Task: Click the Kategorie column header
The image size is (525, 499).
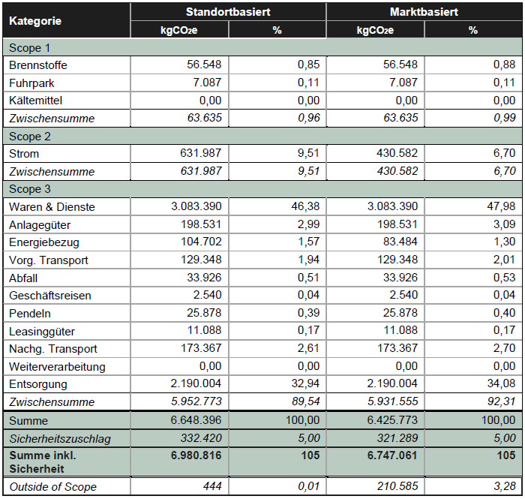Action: click(x=35, y=20)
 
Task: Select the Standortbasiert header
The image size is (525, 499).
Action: click(x=228, y=12)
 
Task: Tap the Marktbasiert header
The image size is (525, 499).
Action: click(x=424, y=12)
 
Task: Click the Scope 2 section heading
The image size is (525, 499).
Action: click(x=30, y=136)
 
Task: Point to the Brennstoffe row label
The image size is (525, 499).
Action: click(x=38, y=65)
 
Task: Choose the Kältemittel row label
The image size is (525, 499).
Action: click(x=36, y=101)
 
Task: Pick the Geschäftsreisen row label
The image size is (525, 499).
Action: click(x=50, y=295)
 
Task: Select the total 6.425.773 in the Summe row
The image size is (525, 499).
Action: click(x=386, y=420)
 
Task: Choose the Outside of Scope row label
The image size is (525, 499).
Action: click(x=52, y=487)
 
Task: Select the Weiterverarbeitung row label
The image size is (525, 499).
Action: click(x=58, y=366)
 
